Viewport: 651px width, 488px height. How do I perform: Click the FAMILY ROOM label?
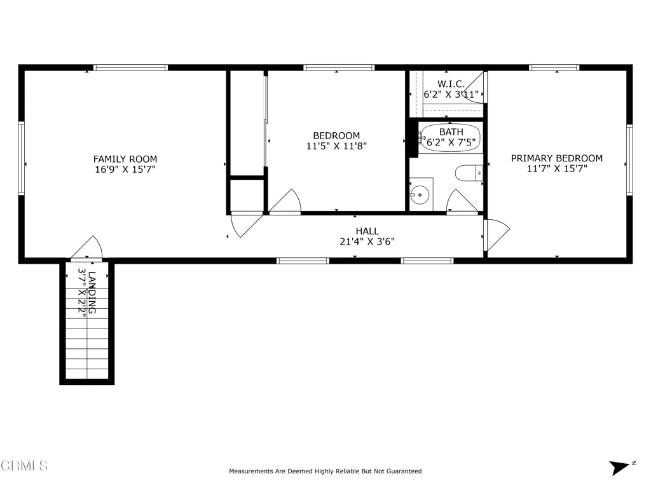click(125, 159)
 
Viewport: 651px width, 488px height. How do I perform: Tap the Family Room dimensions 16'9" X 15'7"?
click(125, 170)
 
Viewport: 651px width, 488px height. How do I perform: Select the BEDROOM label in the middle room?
click(336, 135)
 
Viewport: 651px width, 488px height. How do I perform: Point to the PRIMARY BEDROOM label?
click(557, 158)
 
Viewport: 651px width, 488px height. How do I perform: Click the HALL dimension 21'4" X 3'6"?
click(367, 241)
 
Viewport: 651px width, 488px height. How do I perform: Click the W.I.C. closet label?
click(451, 84)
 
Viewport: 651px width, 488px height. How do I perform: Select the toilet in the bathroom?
click(470, 172)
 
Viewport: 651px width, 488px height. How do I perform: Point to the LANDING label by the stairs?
click(92, 292)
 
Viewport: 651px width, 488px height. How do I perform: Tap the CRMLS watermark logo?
click(24, 466)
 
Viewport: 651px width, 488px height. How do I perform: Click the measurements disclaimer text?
click(325, 471)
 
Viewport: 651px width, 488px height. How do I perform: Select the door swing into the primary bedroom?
click(496, 234)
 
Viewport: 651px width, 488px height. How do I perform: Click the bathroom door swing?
click(462, 202)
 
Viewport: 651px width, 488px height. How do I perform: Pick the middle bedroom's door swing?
click(285, 202)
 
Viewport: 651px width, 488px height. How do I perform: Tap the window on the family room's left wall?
click(21, 158)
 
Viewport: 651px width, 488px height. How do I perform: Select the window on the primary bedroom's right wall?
click(629, 159)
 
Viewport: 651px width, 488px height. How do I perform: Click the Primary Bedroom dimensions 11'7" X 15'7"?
click(557, 169)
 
